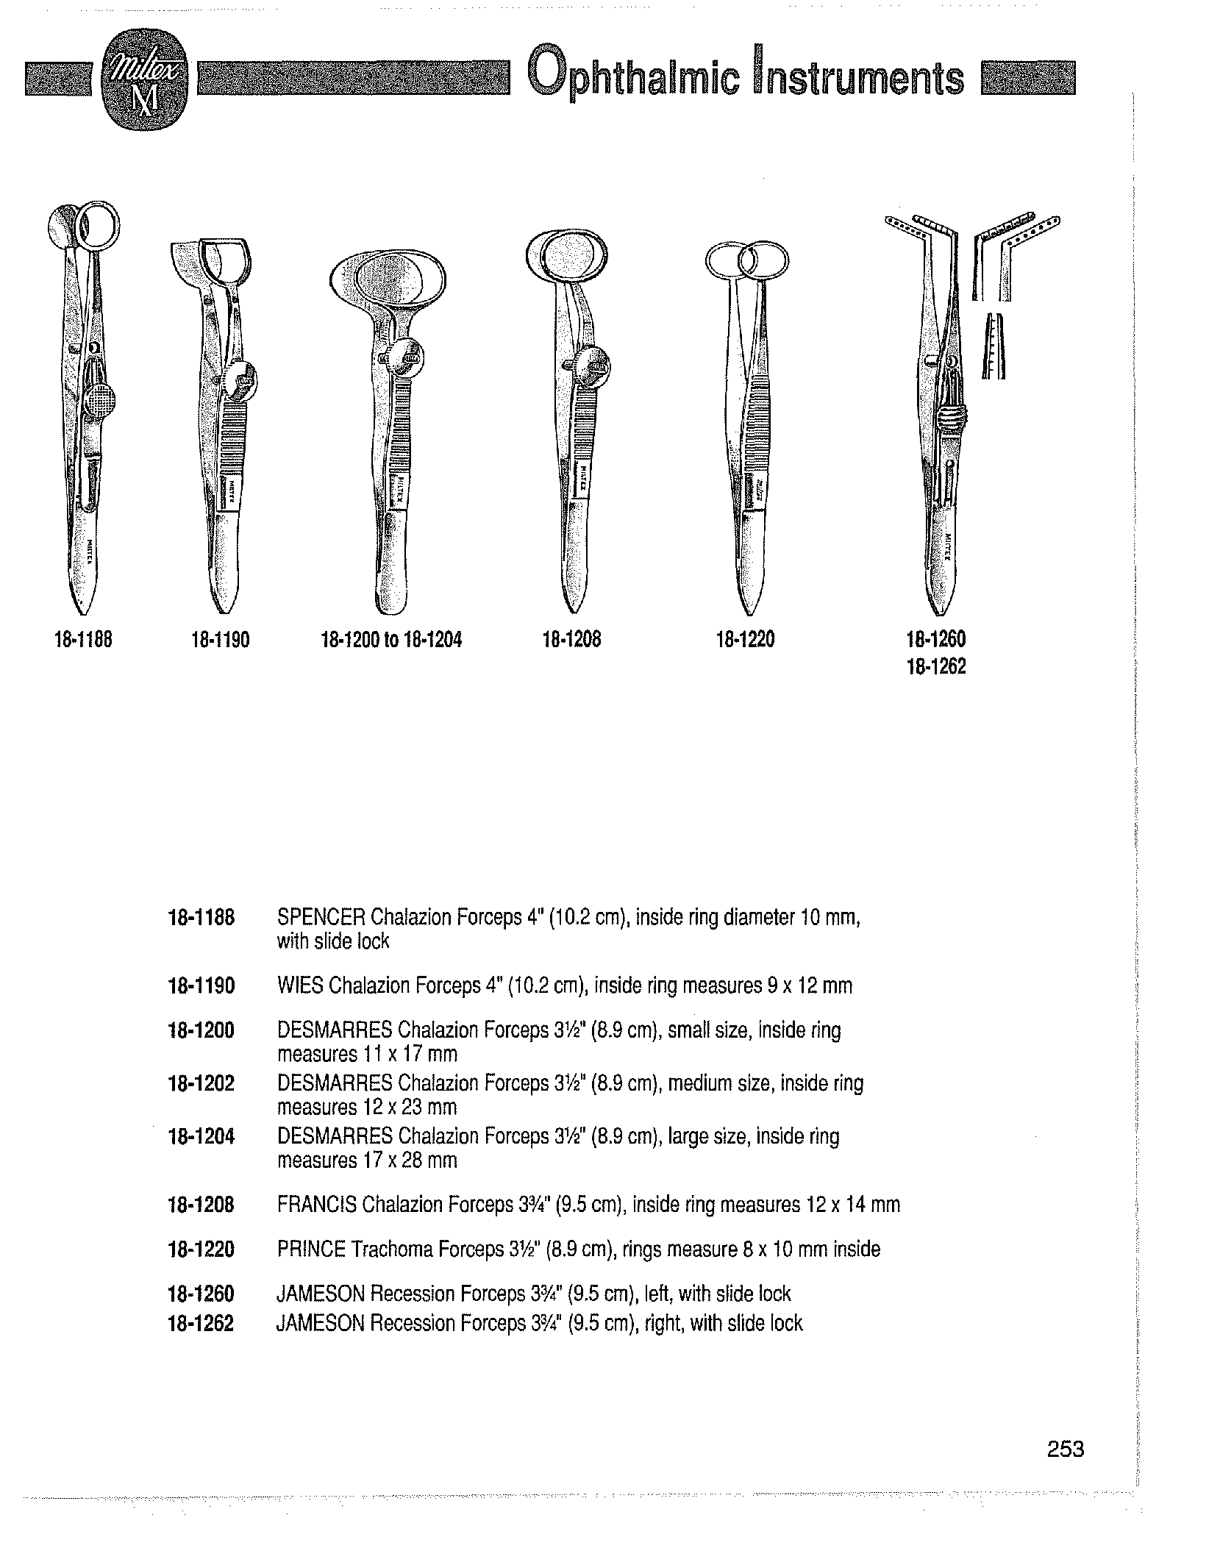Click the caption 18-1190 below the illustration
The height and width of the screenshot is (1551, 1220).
pos(221,641)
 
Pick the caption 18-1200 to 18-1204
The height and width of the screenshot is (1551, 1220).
pos(391,640)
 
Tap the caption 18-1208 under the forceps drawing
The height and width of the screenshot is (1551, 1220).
pos(571,640)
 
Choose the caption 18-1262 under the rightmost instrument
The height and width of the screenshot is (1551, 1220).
pos(936,666)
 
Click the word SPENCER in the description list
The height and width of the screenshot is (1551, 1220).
pos(321,918)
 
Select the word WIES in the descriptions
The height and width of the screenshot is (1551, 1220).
pos(300,985)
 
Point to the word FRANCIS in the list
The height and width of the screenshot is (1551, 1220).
pos(317,1205)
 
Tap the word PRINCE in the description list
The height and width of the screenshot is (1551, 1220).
pos(312,1249)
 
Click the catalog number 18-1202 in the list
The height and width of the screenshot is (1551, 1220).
pos(201,1083)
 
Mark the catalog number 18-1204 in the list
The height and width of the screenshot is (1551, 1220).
pos(201,1136)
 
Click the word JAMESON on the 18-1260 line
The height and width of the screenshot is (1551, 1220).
pos(321,1294)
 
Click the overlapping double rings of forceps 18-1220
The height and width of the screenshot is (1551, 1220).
pos(746,260)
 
